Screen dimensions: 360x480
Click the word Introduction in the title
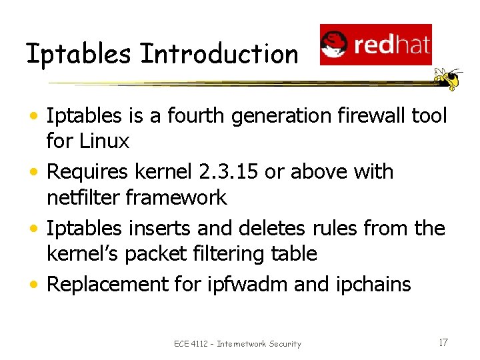tap(219, 54)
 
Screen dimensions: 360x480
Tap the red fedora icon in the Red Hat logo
tap(335, 45)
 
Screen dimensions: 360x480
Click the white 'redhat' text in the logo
tap(391, 45)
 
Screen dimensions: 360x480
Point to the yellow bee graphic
tap(448, 79)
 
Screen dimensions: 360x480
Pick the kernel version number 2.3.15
tap(231, 171)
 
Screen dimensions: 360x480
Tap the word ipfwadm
tap(239, 284)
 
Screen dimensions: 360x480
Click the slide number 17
tap(443, 343)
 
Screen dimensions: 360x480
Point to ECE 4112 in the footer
tap(191, 344)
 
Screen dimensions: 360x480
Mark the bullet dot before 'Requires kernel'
tap(35, 173)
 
